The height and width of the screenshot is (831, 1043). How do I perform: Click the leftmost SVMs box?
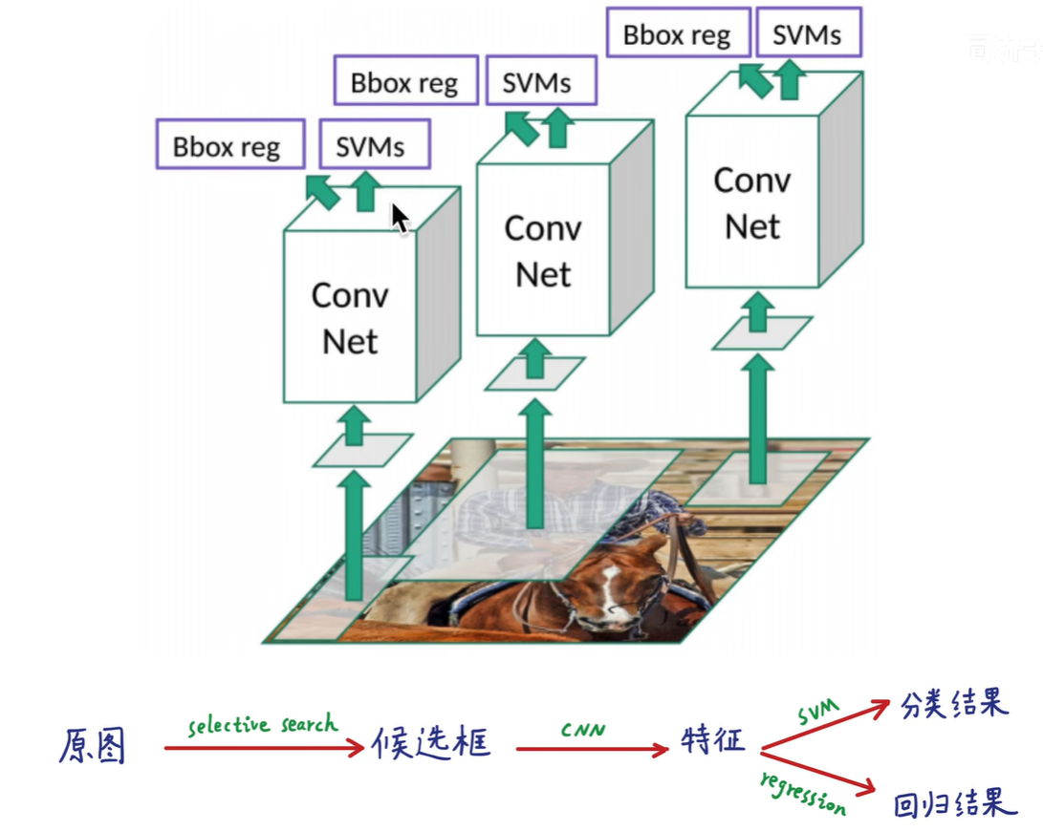pyautogui.click(x=374, y=146)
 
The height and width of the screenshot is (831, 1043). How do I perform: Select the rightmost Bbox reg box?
pyautogui.click(x=677, y=35)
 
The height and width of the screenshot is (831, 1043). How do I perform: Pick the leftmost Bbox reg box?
pyautogui.click(x=228, y=147)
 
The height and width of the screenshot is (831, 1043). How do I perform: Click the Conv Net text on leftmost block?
pyautogui.click(x=350, y=317)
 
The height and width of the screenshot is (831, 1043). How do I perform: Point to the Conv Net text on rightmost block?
pyautogui.click(x=752, y=202)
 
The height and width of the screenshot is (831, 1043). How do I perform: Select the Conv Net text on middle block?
pyautogui.click(x=543, y=251)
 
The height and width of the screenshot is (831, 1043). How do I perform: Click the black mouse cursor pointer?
pyautogui.click(x=400, y=219)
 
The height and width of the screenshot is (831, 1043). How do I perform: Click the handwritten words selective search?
pyautogui.click(x=263, y=725)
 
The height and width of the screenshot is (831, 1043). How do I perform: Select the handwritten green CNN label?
pyautogui.click(x=583, y=731)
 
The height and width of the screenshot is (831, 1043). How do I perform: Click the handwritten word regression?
pyautogui.click(x=803, y=793)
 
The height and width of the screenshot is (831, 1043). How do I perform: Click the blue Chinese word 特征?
pyautogui.click(x=712, y=740)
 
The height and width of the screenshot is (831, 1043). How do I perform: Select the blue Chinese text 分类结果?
pyautogui.click(x=954, y=706)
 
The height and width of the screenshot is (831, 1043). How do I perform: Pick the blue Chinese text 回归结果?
pyautogui.click(x=953, y=804)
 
